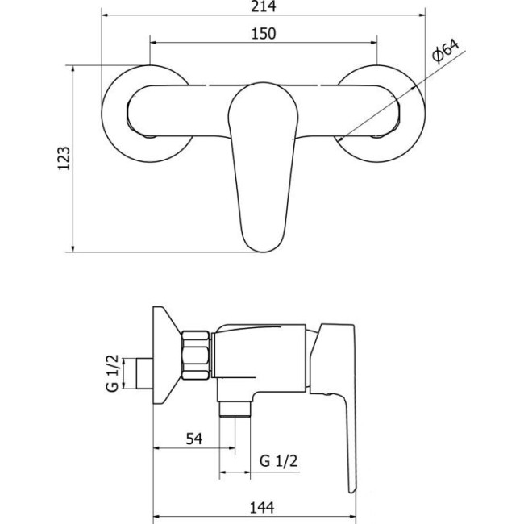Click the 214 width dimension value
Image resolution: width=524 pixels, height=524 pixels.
(x=263, y=7)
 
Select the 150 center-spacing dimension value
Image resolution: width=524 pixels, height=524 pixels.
(x=264, y=34)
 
